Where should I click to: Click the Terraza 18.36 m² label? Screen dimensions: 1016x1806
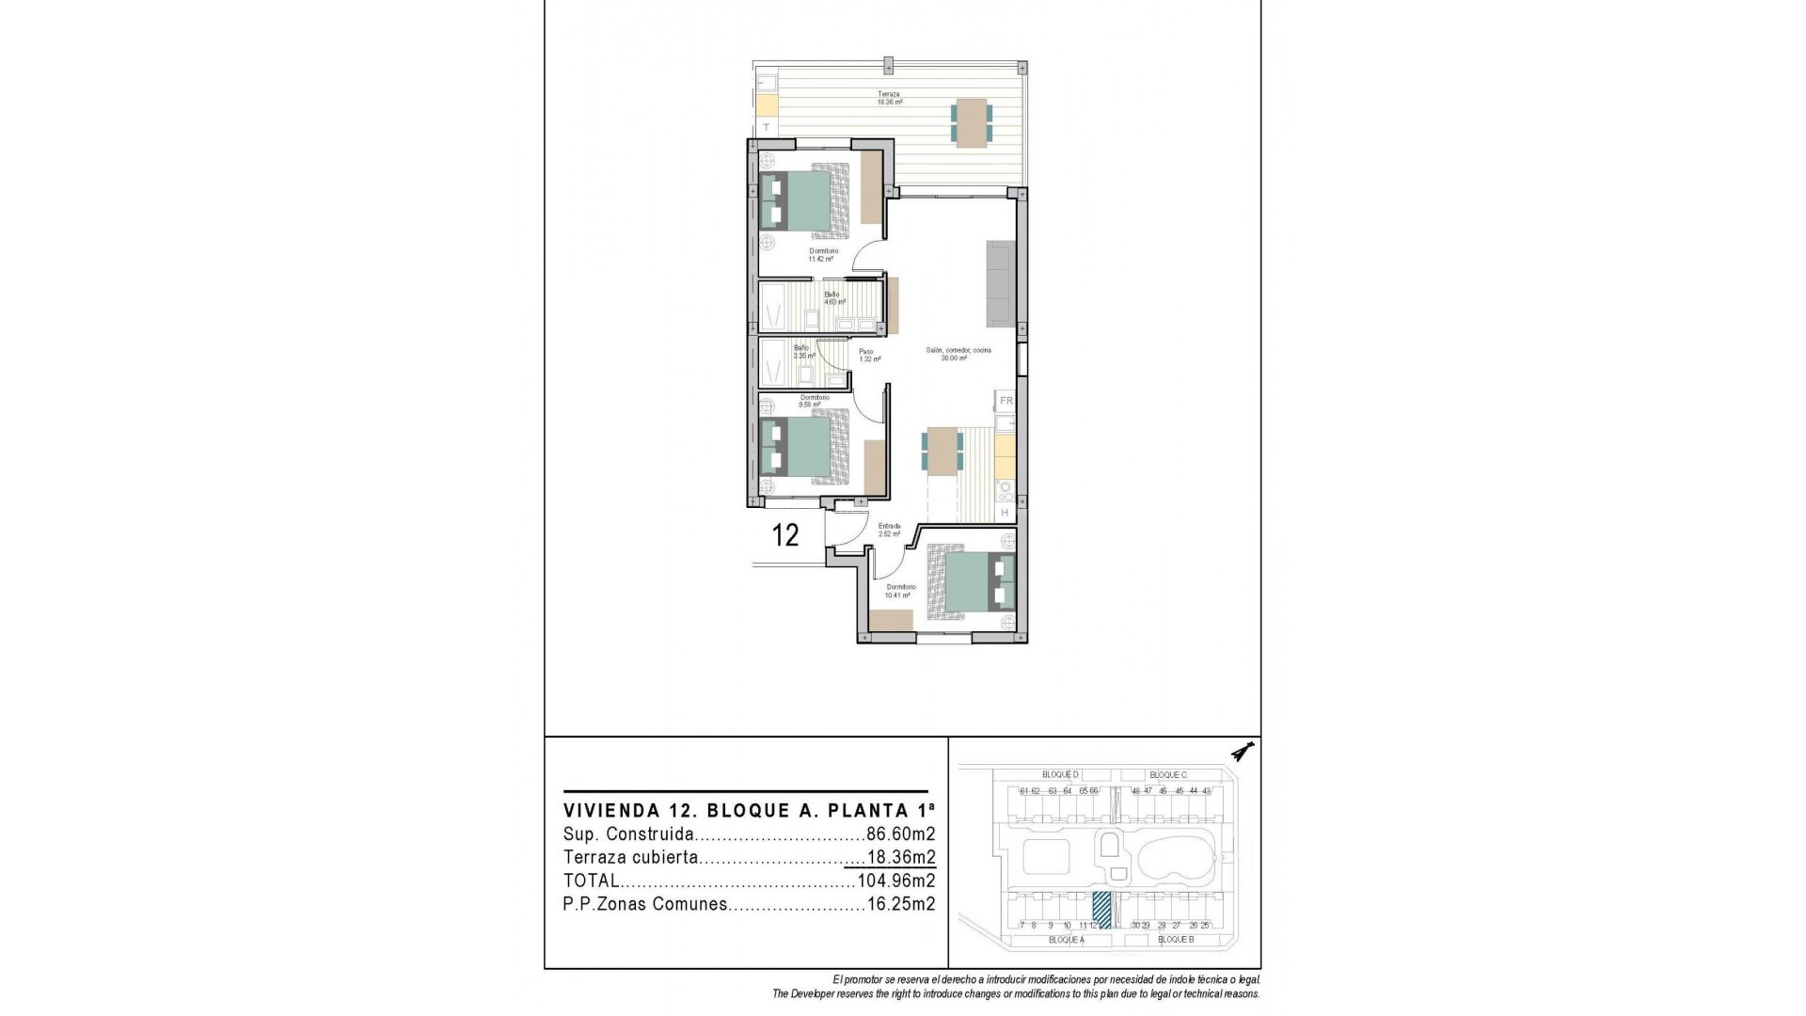click(890, 98)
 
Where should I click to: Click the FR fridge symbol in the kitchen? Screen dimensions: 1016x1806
click(1006, 401)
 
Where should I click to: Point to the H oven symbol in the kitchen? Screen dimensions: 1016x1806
click(1005, 513)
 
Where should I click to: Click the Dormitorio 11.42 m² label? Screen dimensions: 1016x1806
click(823, 255)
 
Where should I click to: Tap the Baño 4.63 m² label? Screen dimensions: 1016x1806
click(834, 298)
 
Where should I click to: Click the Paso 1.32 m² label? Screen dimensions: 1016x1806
click(869, 356)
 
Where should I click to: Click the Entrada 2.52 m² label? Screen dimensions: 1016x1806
click(889, 530)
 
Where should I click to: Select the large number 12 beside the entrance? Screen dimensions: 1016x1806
click(785, 535)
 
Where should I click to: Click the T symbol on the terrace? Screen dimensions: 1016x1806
click(767, 128)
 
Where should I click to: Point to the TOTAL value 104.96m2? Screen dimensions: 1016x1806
click(895, 881)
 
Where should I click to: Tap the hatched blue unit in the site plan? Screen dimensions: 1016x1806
click(1101, 911)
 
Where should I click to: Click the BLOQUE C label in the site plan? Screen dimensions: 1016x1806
click(1167, 775)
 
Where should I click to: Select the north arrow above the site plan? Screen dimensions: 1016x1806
click(1245, 752)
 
